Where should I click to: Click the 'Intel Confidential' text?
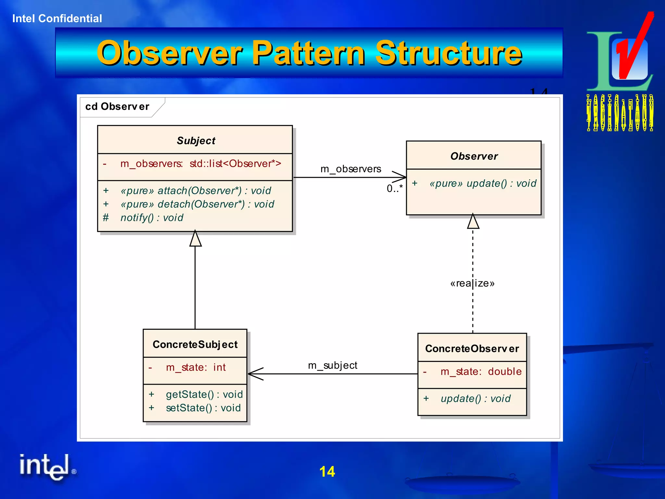[x=57, y=19]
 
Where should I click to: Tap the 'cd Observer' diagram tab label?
[x=117, y=107]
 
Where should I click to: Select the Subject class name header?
[x=196, y=141]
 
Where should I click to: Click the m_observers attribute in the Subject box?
[x=200, y=164]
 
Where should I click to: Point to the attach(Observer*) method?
[x=195, y=191]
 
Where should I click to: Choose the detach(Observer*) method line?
[x=197, y=204]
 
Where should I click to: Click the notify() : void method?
[x=152, y=218]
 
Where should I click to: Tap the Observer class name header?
[x=474, y=156]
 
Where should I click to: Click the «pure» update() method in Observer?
[x=483, y=184]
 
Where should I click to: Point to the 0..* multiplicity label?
[x=395, y=188]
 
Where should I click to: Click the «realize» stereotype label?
[x=472, y=283]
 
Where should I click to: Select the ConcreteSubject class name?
[x=195, y=344]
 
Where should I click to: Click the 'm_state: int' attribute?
[x=195, y=367]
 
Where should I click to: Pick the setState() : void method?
[x=203, y=408]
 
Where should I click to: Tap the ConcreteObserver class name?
[x=472, y=349]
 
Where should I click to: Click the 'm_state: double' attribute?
[x=481, y=372]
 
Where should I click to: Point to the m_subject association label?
[x=332, y=365]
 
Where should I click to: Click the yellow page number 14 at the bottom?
[x=327, y=472]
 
